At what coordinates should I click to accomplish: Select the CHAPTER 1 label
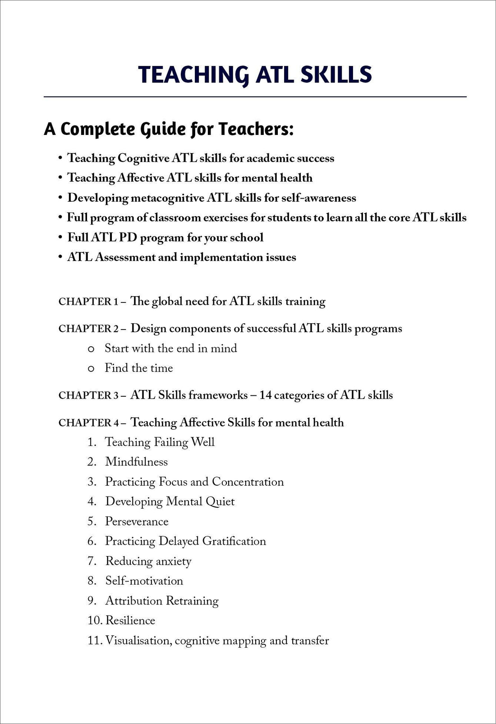[x=88, y=302]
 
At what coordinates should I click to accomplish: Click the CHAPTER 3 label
[x=88, y=396]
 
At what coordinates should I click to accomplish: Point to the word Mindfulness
[x=136, y=462]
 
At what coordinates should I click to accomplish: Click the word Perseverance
[x=137, y=521]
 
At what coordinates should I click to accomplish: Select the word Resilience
[x=130, y=621]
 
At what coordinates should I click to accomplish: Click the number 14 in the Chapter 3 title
[x=265, y=395]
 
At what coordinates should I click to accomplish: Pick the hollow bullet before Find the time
[x=91, y=369]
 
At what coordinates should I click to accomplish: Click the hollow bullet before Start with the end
[x=91, y=349]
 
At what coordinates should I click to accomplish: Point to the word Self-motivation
[x=144, y=581]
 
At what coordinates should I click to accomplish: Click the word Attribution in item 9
[x=133, y=601]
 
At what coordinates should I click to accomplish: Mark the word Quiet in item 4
[x=220, y=501]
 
